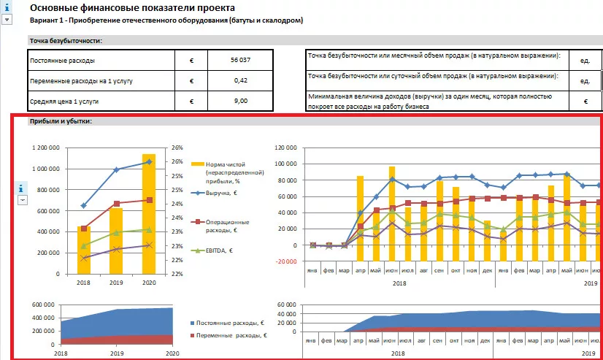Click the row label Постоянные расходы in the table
[62, 60]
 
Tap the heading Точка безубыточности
[65, 41]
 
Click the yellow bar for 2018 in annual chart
[84, 250]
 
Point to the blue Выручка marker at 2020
[149, 161]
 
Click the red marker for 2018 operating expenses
[84, 229]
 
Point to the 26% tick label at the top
[177, 148]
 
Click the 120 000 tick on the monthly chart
[283, 148]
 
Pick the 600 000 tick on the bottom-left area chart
[45, 305]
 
